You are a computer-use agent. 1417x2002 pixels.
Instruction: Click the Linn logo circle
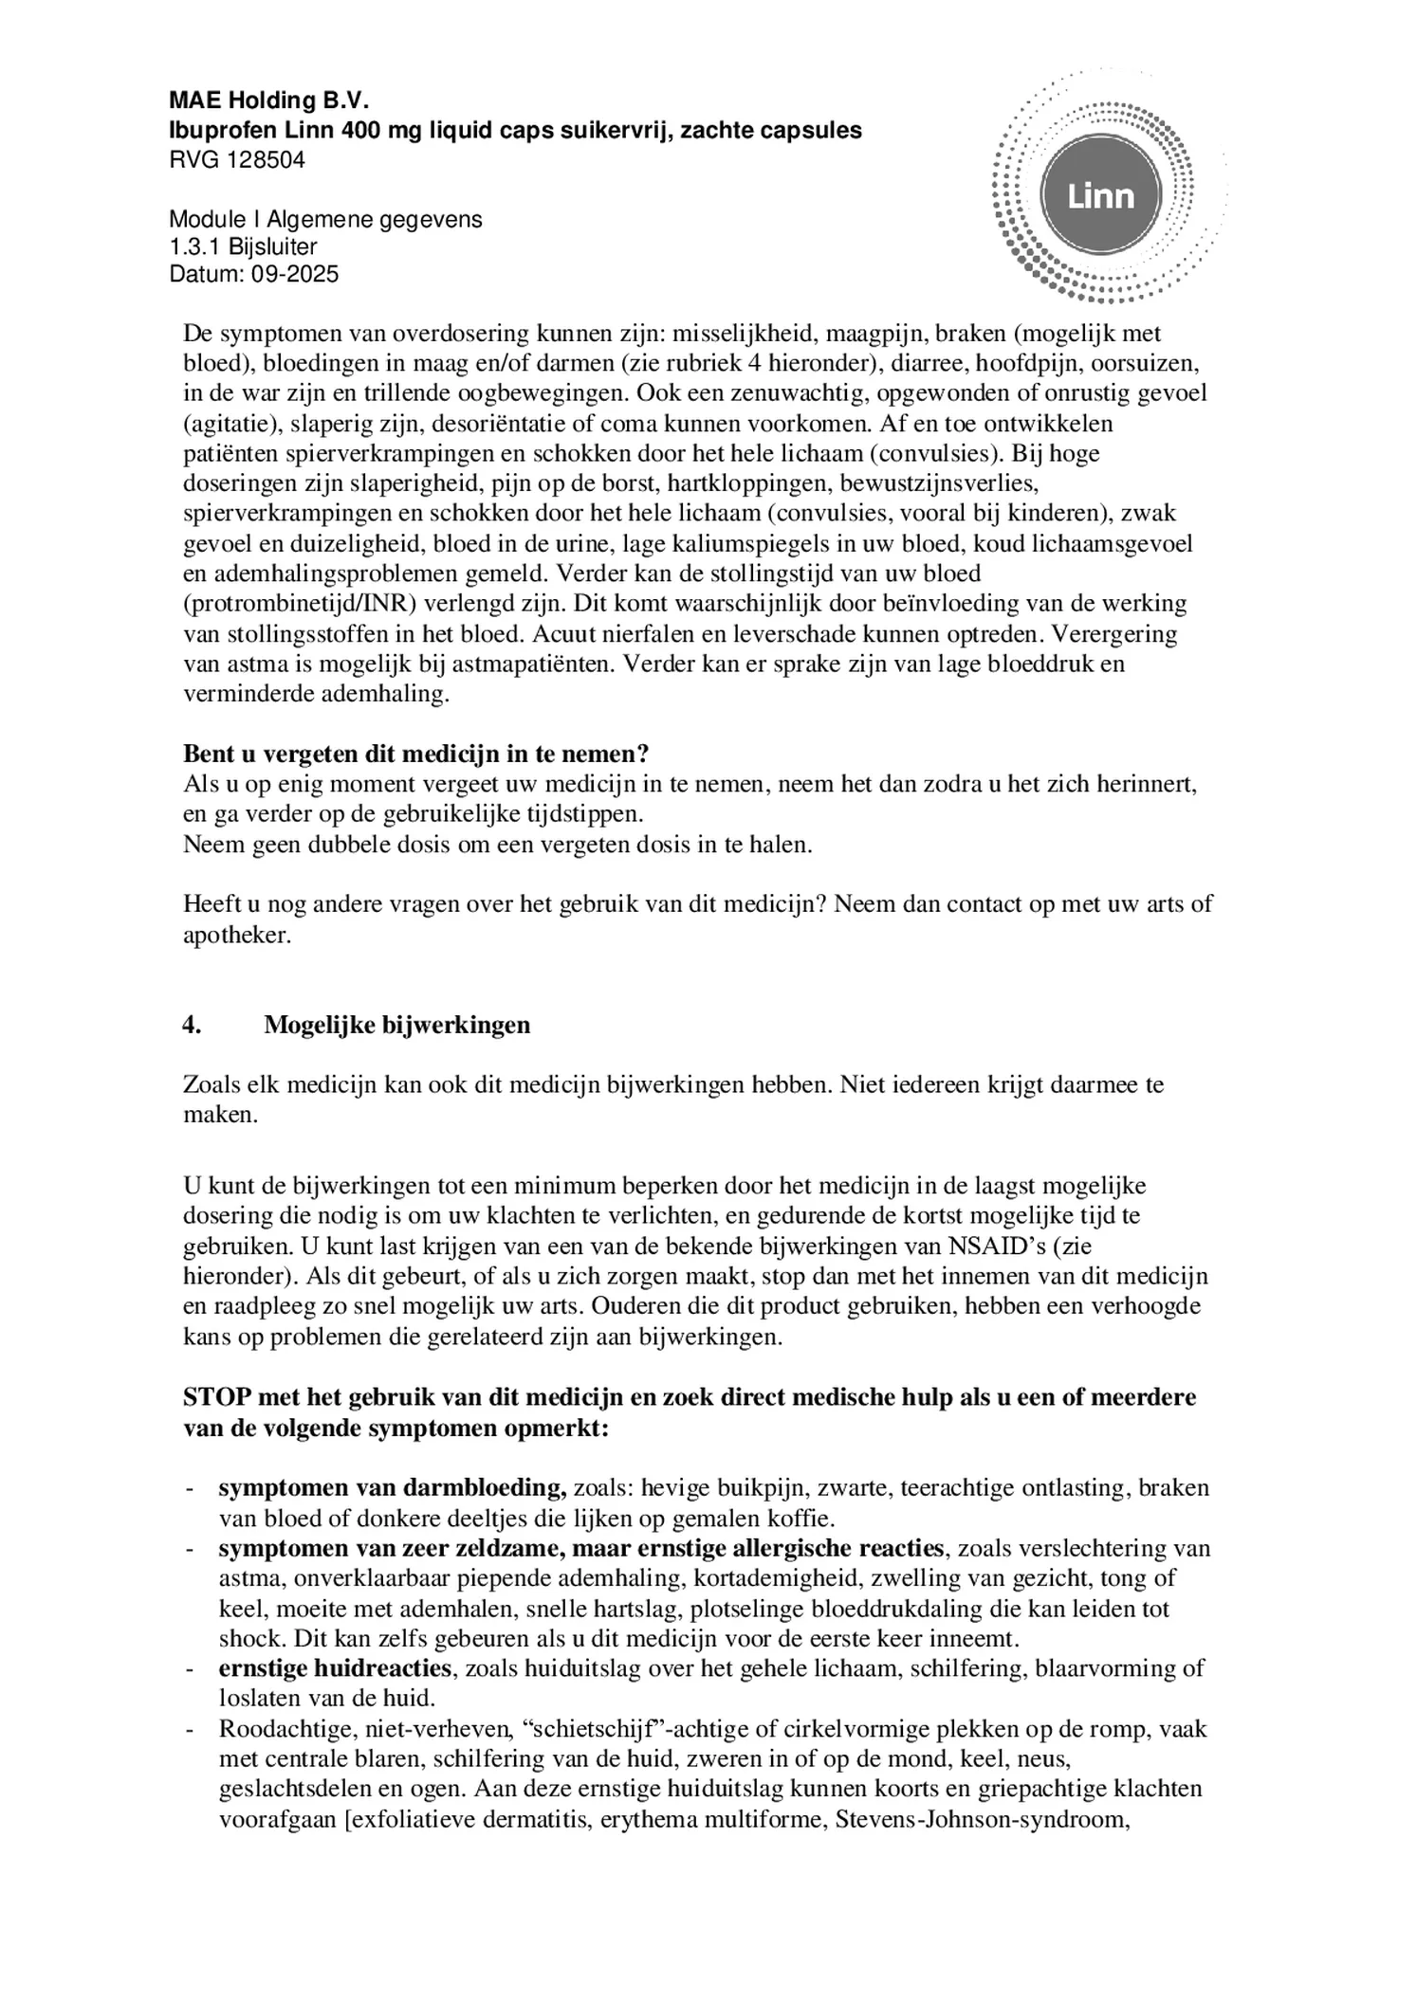tap(1100, 196)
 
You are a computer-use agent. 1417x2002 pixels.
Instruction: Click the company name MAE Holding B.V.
tap(268, 100)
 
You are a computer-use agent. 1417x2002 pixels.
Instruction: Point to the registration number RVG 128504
tap(237, 159)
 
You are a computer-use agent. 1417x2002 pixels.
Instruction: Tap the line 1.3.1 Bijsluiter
tap(243, 247)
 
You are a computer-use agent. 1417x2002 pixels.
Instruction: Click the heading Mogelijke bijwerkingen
tap(396, 1025)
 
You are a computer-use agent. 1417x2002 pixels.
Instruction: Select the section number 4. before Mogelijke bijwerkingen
tap(192, 1025)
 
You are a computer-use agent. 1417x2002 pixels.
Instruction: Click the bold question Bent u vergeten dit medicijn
tap(415, 755)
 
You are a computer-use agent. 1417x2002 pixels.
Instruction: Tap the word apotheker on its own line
tap(236, 935)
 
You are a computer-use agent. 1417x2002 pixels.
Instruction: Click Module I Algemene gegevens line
tap(325, 220)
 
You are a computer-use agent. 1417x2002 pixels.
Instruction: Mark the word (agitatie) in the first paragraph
tap(226, 423)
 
